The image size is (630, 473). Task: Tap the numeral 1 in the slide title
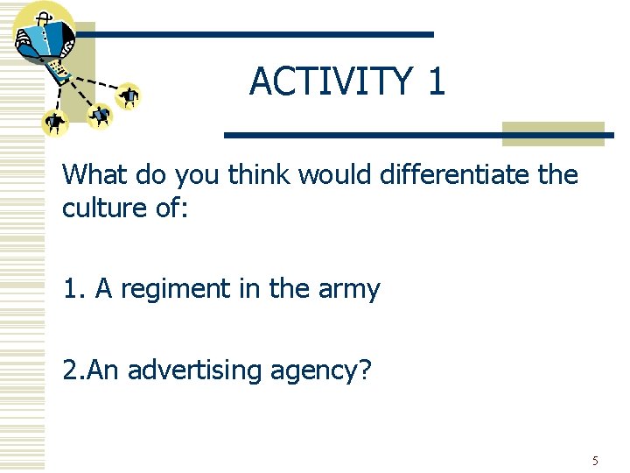436,81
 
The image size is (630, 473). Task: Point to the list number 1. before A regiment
73,289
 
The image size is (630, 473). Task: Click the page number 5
595,461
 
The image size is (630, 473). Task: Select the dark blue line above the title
254,34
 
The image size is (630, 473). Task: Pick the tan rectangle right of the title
553,133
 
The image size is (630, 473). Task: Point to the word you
199,175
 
